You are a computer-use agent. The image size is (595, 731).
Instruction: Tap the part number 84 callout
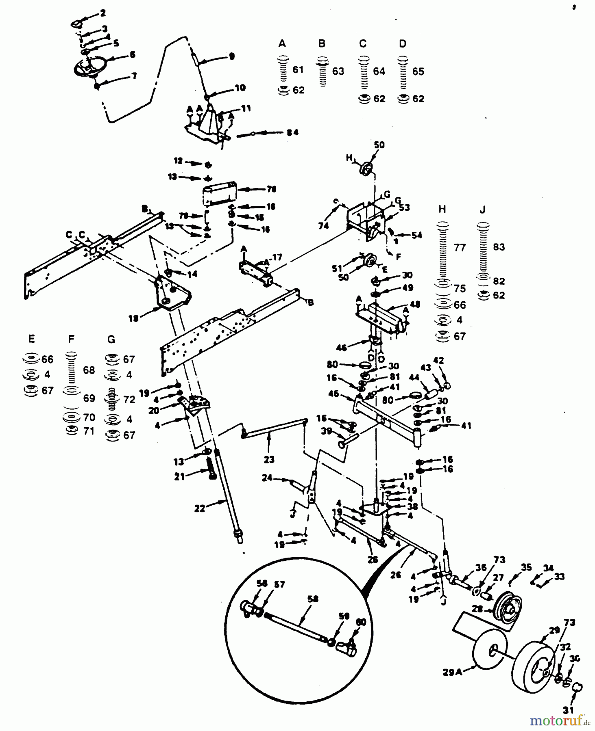292,132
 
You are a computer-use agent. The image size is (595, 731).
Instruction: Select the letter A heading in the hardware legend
282,43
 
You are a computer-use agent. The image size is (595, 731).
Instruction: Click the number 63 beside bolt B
338,71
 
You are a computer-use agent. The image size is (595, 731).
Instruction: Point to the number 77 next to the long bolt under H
460,247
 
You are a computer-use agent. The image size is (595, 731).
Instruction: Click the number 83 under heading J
499,247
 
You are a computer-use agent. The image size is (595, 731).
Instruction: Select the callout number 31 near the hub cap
568,710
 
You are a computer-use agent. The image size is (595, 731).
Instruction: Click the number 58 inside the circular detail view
313,599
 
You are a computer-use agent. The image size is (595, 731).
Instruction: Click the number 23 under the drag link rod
269,459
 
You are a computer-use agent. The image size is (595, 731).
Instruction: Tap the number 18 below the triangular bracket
133,318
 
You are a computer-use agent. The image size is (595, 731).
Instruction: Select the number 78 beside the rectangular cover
271,189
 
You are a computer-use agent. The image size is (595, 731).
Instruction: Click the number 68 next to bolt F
89,370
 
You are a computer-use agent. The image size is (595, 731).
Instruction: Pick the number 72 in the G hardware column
129,399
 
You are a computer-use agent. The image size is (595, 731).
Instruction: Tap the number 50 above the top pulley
379,145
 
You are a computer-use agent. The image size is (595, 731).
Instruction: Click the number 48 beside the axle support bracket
415,304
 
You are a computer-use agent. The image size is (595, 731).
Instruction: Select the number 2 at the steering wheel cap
103,13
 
